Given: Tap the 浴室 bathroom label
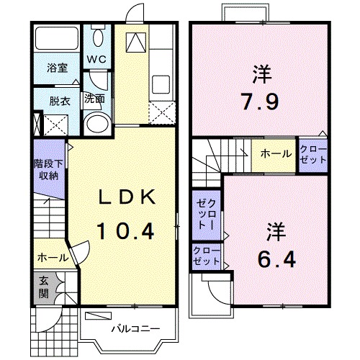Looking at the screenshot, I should pyautogui.click(x=58, y=69).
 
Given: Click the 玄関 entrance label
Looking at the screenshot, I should pyautogui.click(x=43, y=288).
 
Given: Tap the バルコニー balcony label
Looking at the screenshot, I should pyautogui.click(x=130, y=328).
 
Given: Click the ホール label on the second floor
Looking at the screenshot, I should pyautogui.click(x=276, y=153).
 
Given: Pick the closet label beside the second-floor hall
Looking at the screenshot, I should pyautogui.click(x=313, y=154).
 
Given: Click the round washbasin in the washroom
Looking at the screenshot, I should pyautogui.click(x=94, y=124).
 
